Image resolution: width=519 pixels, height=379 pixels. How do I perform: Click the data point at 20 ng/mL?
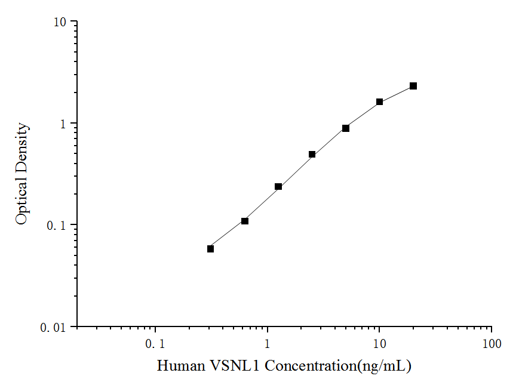click(413, 86)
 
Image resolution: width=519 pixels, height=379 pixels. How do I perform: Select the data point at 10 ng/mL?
click(379, 102)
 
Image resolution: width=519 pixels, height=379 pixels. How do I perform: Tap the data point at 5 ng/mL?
click(346, 128)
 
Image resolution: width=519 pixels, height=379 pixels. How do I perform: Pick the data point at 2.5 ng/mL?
click(312, 155)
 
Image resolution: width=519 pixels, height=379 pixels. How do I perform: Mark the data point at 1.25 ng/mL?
click(278, 187)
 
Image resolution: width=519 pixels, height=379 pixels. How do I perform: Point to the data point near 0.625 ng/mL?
click(245, 221)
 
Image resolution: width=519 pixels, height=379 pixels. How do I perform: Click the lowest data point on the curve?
click(211, 249)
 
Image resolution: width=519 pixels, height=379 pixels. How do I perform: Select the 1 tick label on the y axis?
click(64, 124)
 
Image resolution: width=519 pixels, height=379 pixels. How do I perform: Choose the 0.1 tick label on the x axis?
click(155, 344)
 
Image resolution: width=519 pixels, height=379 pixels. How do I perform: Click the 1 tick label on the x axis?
click(268, 344)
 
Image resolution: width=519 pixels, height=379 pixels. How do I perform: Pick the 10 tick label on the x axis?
click(379, 344)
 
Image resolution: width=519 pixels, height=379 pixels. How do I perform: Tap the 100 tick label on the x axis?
click(491, 344)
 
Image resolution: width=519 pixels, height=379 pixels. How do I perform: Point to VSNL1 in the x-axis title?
click(232, 365)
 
